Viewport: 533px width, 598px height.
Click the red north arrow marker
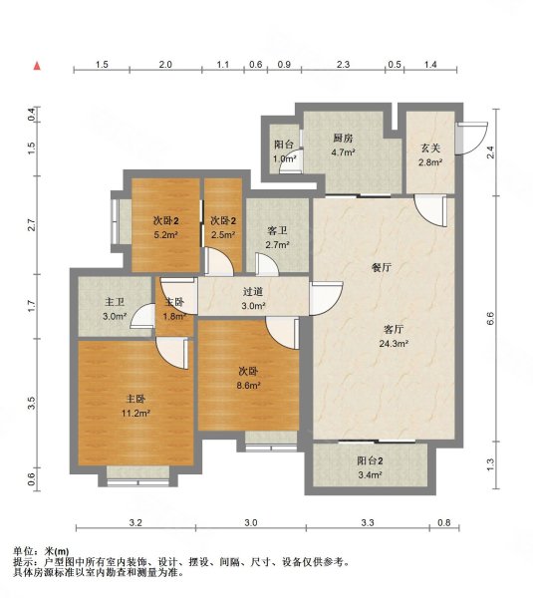click(x=37, y=66)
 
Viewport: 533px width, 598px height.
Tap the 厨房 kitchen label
click(x=343, y=139)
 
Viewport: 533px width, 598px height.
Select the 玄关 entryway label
click(x=430, y=148)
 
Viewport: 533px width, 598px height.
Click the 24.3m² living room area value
click(x=394, y=344)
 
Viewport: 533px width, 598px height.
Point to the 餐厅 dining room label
click(x=382, y=267)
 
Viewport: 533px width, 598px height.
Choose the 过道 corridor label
click(x=253, y=292)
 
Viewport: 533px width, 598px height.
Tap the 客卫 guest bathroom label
click(x=277, y=231)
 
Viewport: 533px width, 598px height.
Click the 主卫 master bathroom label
click(x=115, y=302)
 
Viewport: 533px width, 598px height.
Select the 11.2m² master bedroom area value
click(x=135, y=413)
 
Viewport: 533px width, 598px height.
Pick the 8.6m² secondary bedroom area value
click(x=248, y=385)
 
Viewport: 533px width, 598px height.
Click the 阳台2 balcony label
click(x=370, y=460)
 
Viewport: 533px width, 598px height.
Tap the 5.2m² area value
click(x=165, y=235)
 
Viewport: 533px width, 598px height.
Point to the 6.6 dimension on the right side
click(x=490, y=318)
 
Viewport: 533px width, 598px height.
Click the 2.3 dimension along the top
click(x=343, y=65)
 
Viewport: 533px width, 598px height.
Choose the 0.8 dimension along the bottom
click(x=444, y=522)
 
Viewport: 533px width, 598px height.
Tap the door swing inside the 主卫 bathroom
click(x=142, y=316)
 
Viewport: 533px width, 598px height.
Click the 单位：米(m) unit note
click(x=41, y=551)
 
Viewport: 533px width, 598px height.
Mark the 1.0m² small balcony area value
click(x=285, y=159)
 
